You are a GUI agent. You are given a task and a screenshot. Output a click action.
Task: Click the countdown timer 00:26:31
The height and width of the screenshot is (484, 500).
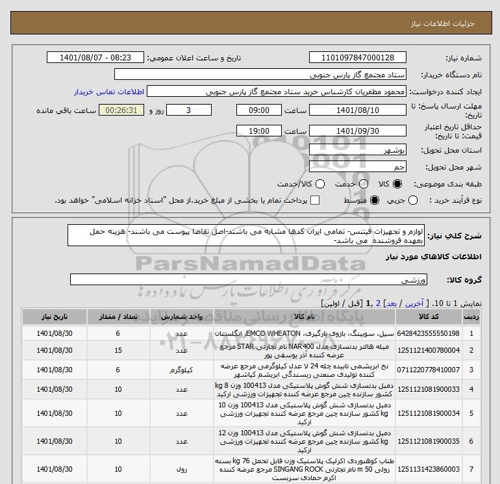tap(120, 110)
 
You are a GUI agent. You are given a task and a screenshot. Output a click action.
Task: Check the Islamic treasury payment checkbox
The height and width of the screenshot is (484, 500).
tap(316, 201)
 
